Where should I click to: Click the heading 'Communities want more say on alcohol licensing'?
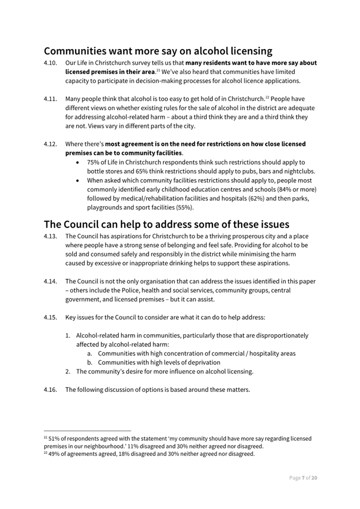(x=158, y=51)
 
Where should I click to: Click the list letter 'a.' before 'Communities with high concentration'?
(x=91, y=353)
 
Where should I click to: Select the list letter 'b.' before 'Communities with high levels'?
(x=91, y=362)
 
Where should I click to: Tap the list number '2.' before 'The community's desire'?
(x=69, y=371)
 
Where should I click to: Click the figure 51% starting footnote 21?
(x=54, y=439)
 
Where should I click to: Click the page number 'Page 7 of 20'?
(x=303, y=478)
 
